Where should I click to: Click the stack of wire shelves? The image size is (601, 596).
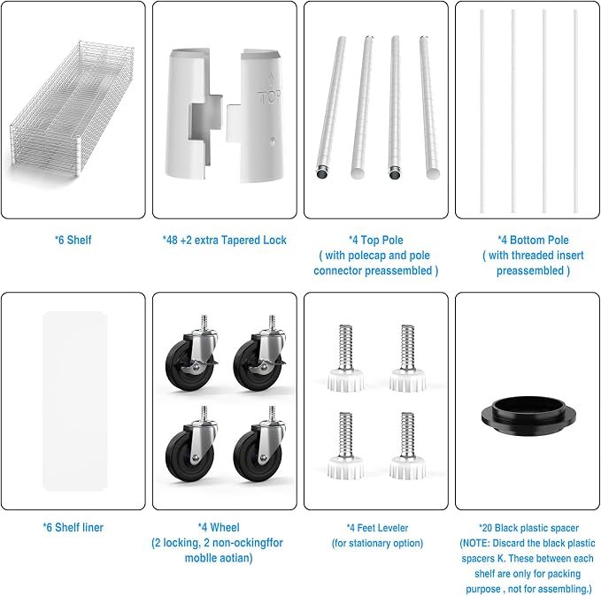coord(73,109)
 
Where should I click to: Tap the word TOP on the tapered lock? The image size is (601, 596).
coord(269,97)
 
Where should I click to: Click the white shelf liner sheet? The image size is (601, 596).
coord(74,401)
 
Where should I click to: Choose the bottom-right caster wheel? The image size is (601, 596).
coord(259,447)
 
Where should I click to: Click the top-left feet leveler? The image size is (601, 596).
coord(346,358)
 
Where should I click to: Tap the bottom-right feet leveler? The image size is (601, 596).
coord(407,446)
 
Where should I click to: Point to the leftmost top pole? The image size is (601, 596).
coord(331,108)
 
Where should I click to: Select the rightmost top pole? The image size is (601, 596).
coord(429,108)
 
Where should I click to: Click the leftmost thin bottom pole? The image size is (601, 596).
coord(482,111)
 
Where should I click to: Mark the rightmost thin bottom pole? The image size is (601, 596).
coord(575,111)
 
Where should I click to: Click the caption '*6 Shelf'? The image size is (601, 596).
coord(73,241)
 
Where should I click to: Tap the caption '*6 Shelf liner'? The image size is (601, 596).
coord(73,527)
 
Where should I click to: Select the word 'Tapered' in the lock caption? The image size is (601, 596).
coord(235,241)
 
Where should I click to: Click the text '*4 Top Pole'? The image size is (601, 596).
coord(376,241)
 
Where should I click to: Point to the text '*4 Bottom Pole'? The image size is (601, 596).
coord(533,241)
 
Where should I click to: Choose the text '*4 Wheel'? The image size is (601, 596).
coord(219,527)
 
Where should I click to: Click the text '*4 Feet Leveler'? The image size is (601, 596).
coord(378,528)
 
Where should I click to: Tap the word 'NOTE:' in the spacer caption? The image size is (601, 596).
coord(475,543)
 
